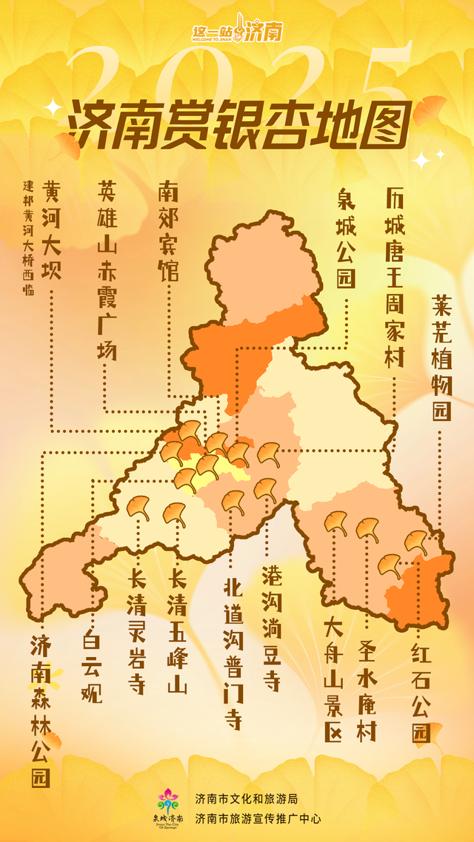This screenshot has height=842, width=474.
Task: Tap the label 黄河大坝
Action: [52, 230]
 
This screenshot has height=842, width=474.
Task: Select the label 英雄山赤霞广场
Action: [107, 270]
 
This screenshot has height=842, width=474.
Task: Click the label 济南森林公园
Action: [41, 710]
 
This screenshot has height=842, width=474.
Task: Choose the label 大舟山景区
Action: [333, 680]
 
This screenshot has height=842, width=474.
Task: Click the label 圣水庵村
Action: [367, 680]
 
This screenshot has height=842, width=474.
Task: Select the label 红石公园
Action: [421, 692]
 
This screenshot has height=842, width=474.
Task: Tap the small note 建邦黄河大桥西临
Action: [29, 236]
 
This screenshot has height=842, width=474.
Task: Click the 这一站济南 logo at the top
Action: [236, 31]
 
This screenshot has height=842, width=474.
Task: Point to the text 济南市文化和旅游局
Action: [246, 798]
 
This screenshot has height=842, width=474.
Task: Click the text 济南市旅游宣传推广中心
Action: [258, 818]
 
